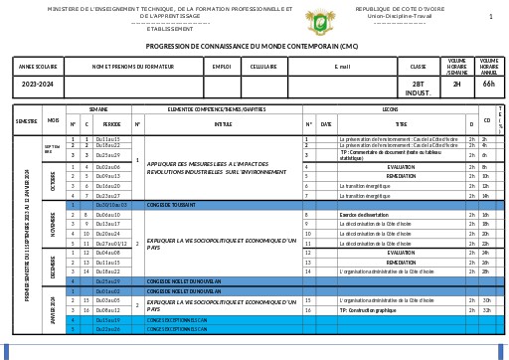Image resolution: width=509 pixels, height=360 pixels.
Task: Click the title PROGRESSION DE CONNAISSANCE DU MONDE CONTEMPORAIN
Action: (x=252, y=46)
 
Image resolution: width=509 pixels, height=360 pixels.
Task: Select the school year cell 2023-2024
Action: (x=39, y=85)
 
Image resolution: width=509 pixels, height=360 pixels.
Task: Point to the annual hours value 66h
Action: (x=488, y=85)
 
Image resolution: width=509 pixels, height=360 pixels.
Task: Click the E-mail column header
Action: (x=343, y=67)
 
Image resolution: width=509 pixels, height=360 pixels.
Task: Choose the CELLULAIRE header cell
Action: (x=263, y=67)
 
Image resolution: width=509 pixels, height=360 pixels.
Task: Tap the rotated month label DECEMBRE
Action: (x=51, y=268)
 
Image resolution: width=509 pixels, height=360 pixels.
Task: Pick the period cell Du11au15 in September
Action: (x=107, y=140)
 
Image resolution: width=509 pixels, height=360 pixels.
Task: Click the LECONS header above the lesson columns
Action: (x=390, y=108)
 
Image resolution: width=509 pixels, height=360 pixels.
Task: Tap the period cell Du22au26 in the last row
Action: (x=107, y=329)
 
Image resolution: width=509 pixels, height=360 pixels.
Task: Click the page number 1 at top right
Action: (x=490, y=17)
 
